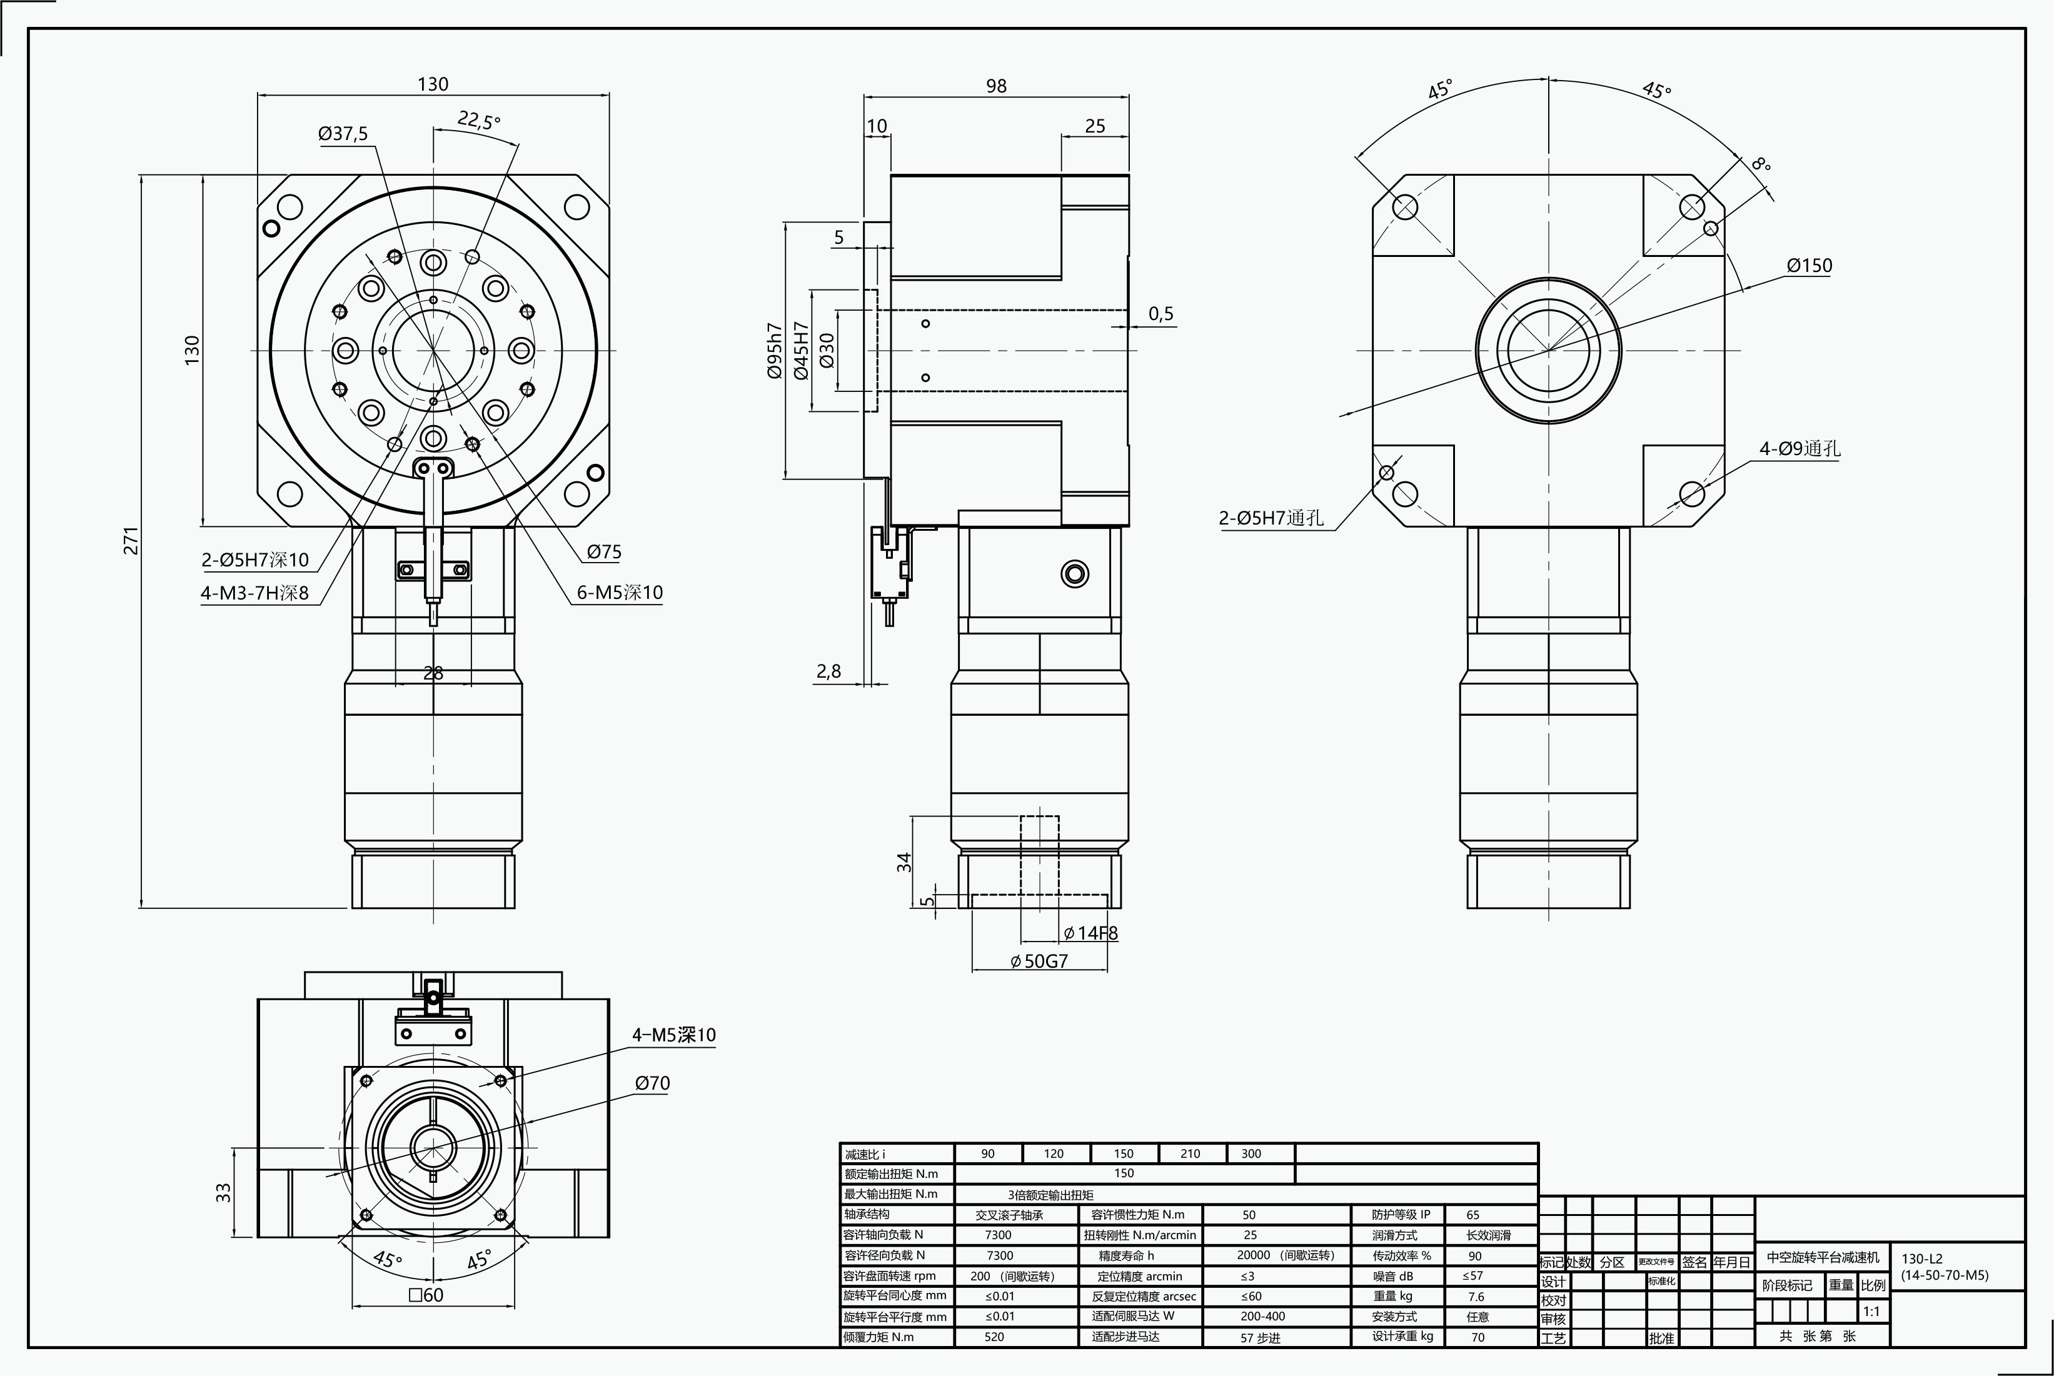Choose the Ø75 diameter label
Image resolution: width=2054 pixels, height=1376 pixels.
605,552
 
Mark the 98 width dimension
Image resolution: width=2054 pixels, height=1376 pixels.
996,86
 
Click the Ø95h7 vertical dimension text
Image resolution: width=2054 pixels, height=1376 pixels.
774,350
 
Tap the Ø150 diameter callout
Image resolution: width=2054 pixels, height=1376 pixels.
1809,265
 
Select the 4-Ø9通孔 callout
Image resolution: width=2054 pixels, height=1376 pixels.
1800,448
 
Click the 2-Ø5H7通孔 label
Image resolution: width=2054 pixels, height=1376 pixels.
1270,518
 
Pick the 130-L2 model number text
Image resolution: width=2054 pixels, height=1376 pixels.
1922,1258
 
